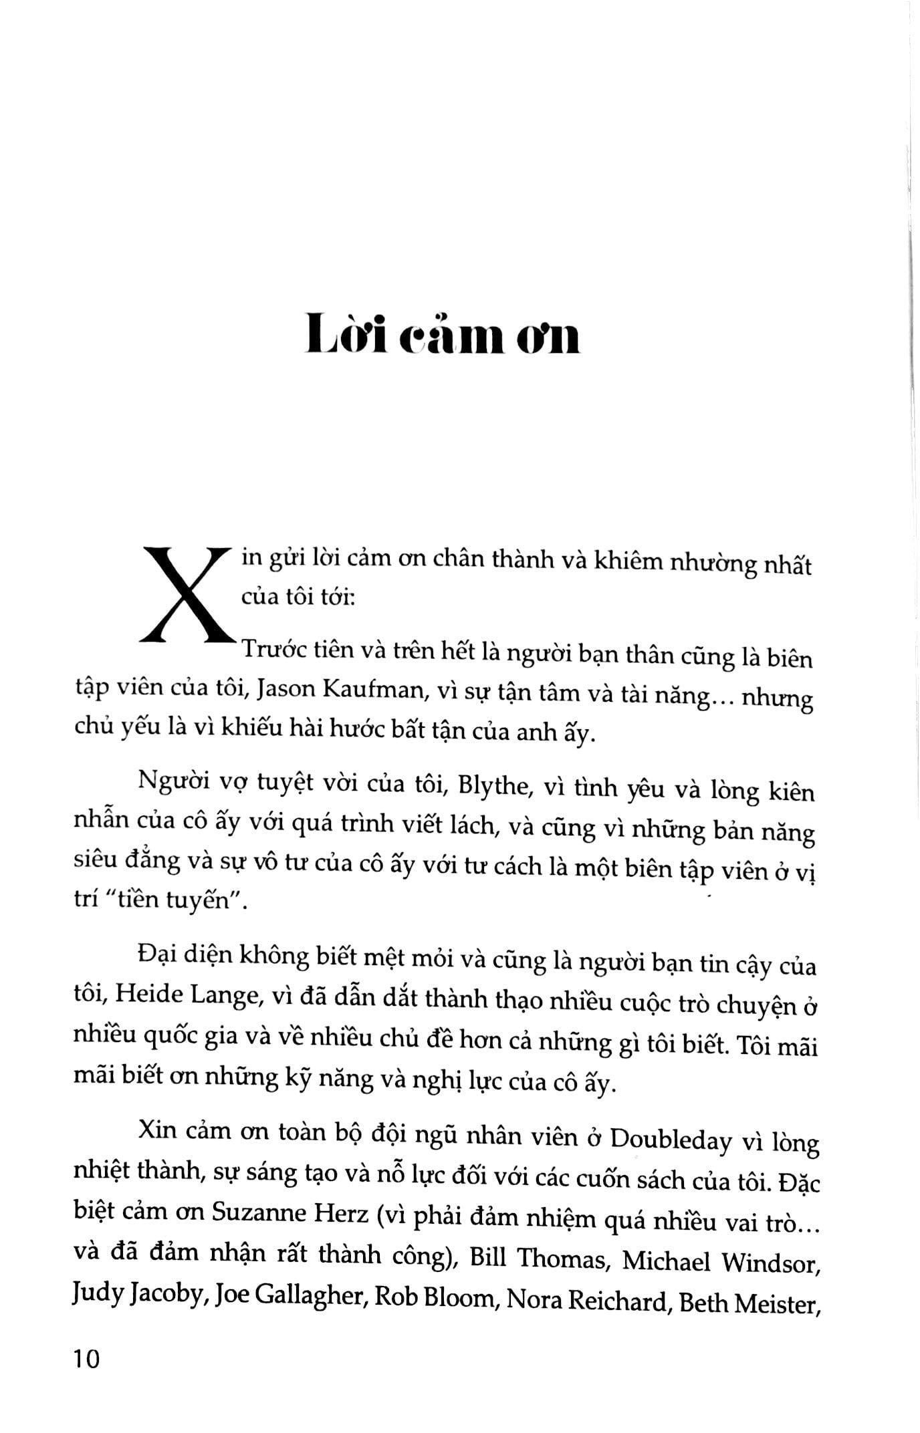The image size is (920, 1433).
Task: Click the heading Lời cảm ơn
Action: click(x=442, y=336)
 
